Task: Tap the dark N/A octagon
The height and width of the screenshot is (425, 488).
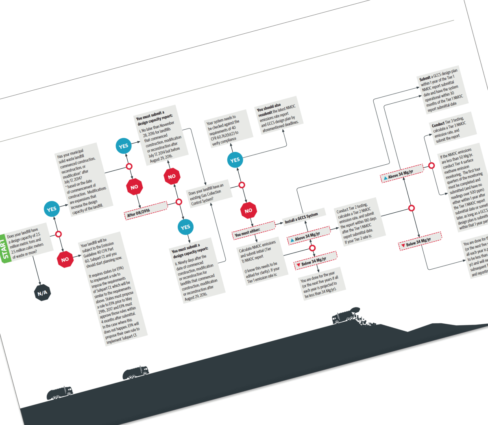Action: pyautogui.click(x=42, y=292)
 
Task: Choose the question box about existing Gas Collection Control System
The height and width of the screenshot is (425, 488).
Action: pyautogui.click(x=207, y=194)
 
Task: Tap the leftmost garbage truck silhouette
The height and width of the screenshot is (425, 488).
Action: pyautogui.click(x=59, y=393)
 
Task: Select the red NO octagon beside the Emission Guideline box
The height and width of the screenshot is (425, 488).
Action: pyautogui.click(x=65, y=259)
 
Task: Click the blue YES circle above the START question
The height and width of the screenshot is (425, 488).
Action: pyautogui.click(x=52, y=209)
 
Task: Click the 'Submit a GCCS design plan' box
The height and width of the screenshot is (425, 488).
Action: pyautogui.click(x=442, y=90)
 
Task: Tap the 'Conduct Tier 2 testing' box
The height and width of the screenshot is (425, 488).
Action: pyautogui.click(x=358, y=222)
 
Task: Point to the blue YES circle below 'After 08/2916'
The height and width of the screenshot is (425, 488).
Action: pyautogui.click(x=185, y=227)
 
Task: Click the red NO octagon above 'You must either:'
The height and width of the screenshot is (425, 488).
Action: pyautogui.click(x=248, y=210)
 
